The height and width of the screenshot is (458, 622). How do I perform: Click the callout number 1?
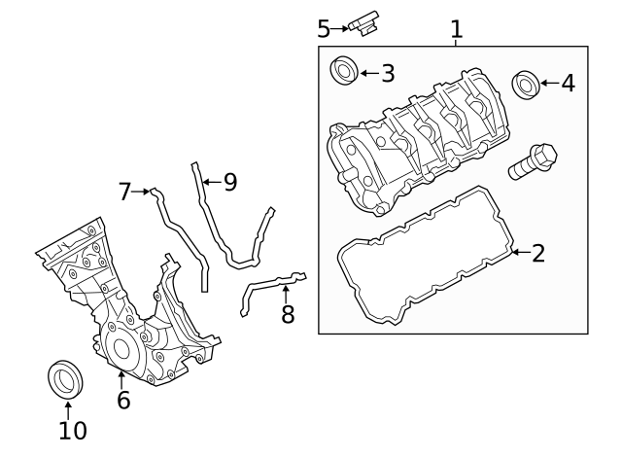456,30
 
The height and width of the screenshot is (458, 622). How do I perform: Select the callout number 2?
537,254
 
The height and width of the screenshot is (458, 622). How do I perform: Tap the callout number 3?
387,73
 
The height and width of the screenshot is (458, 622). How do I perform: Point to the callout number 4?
567,84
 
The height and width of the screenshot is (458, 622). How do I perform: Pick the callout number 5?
324,29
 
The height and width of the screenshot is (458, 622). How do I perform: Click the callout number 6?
122,399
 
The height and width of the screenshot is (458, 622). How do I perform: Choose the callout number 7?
124,192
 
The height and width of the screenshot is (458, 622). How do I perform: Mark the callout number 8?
287,314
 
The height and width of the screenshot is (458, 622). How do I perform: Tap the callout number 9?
229,182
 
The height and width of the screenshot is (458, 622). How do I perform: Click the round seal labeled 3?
344,72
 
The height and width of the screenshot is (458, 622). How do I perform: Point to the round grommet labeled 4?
526,84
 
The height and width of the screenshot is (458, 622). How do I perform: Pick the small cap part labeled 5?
367,24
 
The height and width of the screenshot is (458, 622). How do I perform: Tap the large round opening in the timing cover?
121,348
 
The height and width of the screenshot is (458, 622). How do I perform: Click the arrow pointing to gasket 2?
519,254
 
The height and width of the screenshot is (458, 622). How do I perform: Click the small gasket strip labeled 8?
267,288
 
